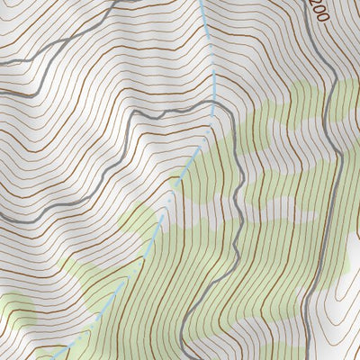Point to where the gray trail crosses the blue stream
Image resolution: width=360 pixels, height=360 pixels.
pyautogui.click(x=211, y=109)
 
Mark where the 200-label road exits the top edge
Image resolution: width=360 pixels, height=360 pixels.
pyautogui.click(x=298, y=2)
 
